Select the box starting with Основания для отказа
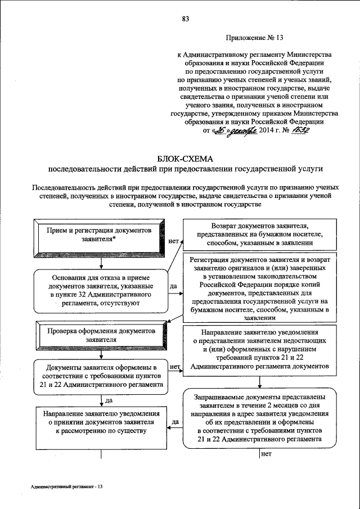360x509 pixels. pyautogui.click(x=100, y=290)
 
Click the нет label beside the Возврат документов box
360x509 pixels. pyautogui.click(x=173, y=240)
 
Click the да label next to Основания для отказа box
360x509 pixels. pyautogui.click(x=173, y=286)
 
